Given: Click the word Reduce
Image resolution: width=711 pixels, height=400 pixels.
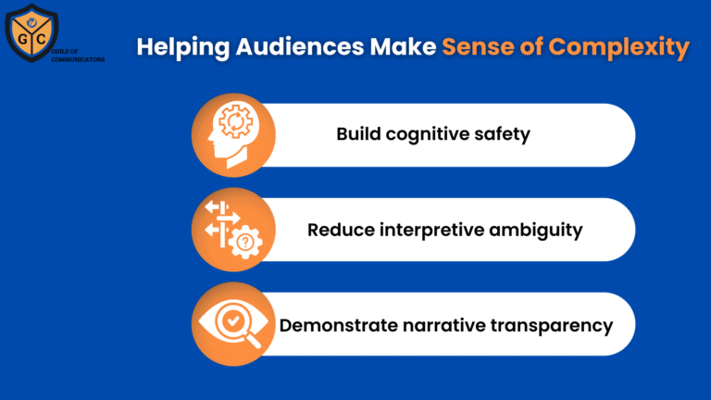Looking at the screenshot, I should coord(340,230).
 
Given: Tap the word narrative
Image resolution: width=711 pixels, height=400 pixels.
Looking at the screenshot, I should coord(446,325).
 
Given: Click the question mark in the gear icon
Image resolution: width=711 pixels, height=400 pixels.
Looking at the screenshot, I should coord(245,243).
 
